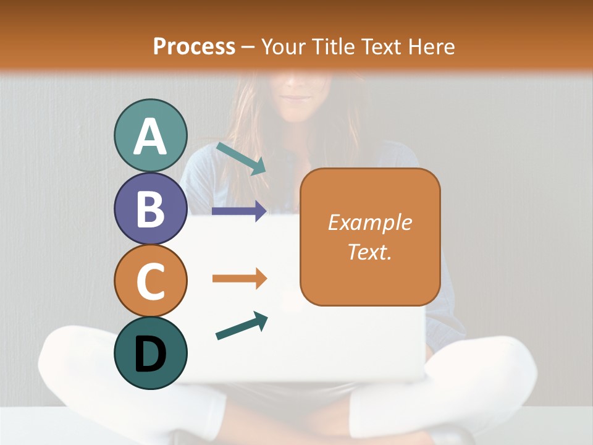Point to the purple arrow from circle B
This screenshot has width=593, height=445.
(x=239, y=211)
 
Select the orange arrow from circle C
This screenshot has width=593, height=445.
(x=239, y=279)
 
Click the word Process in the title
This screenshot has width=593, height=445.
(x=194, y=46)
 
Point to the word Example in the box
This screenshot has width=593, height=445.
(x=369, y=222)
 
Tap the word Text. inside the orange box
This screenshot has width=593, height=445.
(x=369, y=252)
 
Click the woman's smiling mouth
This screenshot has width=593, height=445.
(x=298, y=97)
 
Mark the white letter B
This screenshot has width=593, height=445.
(x=150, y=208)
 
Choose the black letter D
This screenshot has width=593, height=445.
(x=150, y=354)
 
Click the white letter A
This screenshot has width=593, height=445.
(x=150, y=136)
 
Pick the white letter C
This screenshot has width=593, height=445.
(x=150, y=281)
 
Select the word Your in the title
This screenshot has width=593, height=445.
(x=283, y=46)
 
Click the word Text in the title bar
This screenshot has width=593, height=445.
(x=381, y=46)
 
